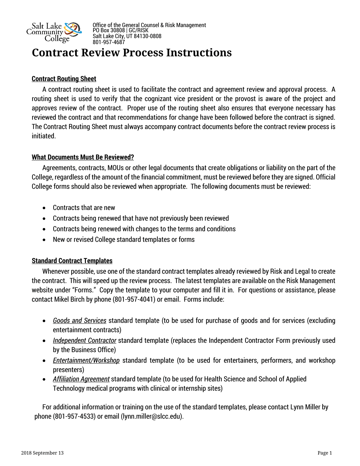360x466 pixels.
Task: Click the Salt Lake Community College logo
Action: pos(54,32)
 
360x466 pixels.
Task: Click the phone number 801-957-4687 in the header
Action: pos(109,42)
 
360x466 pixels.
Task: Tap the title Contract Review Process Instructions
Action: pos(132,53)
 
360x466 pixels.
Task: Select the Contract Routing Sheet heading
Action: pos(64,79)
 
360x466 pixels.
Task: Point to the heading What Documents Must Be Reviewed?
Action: pos(83,157)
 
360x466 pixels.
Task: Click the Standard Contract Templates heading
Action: pos(72,261)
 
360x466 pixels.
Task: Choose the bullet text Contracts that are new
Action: pos(84,208)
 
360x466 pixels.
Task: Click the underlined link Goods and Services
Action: pos(80,321)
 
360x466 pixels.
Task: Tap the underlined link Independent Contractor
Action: pos(85,341)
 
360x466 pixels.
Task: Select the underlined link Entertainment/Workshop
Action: pos(86,361)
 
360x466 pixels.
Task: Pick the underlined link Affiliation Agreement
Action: pos(81,379)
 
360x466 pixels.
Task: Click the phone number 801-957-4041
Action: pos(134,300)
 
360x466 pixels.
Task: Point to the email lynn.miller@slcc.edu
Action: pos(152,417)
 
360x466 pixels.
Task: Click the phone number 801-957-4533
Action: pos(74,417)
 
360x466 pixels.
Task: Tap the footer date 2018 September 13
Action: pos(42,453)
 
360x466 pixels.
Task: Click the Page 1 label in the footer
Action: pos(325,453)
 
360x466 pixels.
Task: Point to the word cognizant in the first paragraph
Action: pos(158,99)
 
